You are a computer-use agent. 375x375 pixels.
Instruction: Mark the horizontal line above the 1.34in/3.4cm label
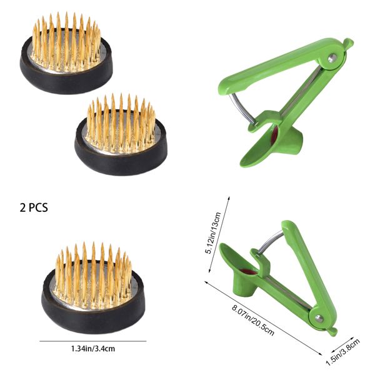pos(92,341)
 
